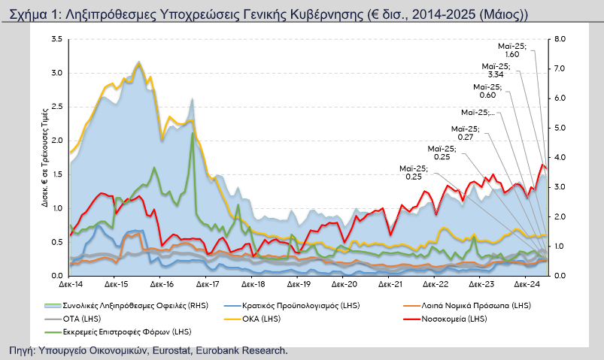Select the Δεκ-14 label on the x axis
pos(70,286)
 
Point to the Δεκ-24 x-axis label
pos(526,286)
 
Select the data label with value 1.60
pos(511,54)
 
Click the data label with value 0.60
pos(487,95)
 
